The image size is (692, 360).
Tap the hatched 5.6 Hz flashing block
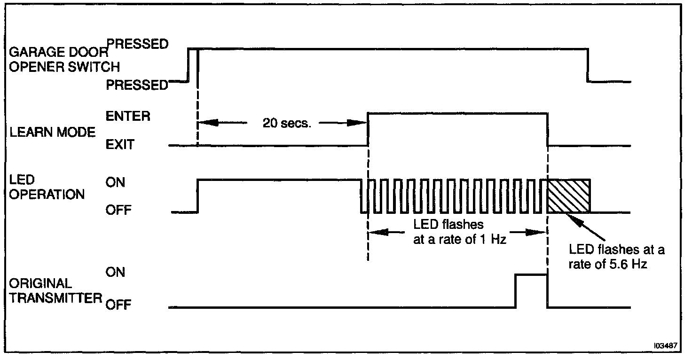click(568, 196)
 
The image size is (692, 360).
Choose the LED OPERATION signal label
click(47, 188)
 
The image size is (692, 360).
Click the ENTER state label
click(128, 117)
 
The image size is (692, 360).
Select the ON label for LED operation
click(115, 183)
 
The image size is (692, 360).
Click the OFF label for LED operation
click(118, 211)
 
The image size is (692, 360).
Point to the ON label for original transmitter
click(115, 272)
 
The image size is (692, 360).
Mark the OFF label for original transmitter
click(118, 305)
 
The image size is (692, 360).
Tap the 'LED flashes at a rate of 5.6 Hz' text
click(616, 256)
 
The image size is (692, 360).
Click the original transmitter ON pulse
click(531, 290)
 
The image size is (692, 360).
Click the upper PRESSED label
click(137, 45)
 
